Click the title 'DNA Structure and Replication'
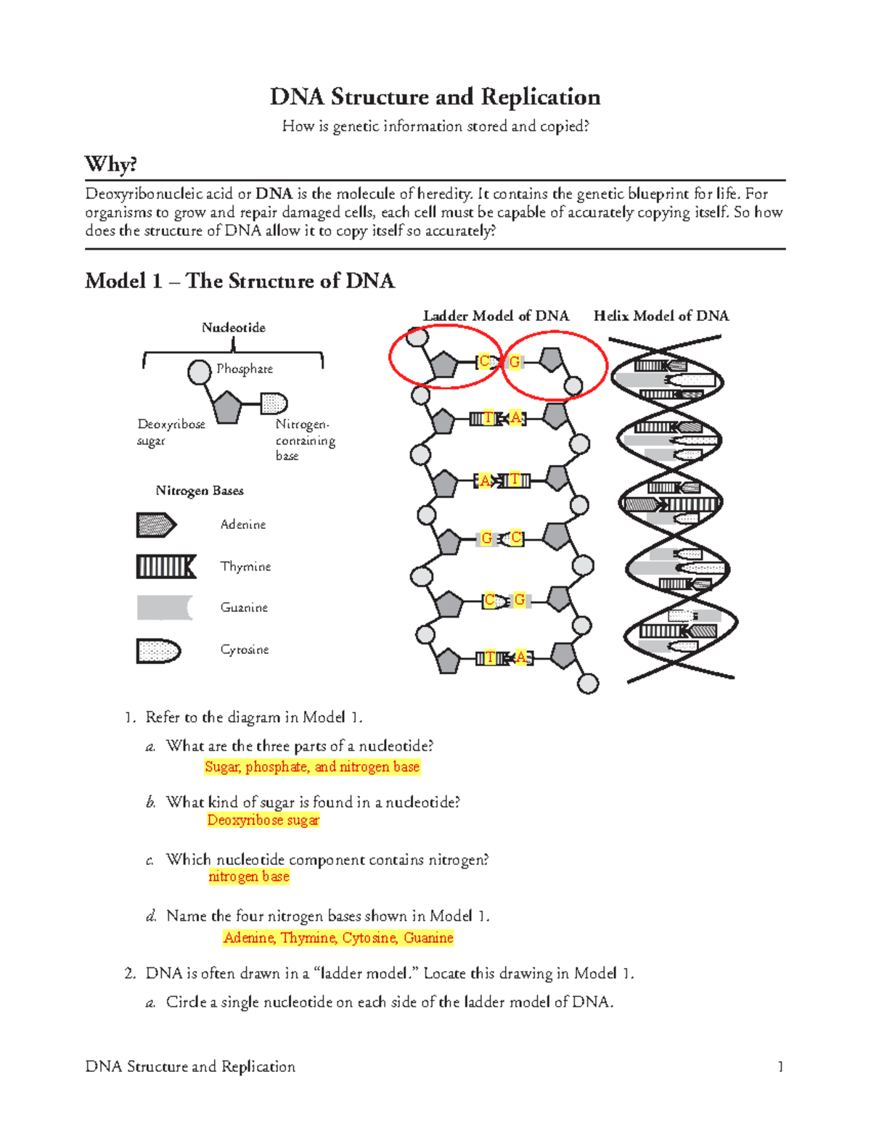(435, 97)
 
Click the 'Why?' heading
(110, 164)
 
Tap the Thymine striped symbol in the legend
(166, 567)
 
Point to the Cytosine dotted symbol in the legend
(158, 651)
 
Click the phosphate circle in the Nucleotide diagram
(199, 372)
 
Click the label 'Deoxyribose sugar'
(171, 432)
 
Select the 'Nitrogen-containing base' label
(305, 440)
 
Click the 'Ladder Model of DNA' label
(496, 316)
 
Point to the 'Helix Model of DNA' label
(661, 316)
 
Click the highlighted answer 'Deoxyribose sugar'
(263, 820)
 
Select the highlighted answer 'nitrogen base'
(249, 877)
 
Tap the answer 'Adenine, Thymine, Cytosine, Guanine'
(338, 938)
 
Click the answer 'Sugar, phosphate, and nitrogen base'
(312, 767)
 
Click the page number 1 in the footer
(780, 1066)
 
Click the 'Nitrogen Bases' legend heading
(200, 491)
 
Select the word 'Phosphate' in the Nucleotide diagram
(245, 369)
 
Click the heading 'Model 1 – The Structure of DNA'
(240, 281)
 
